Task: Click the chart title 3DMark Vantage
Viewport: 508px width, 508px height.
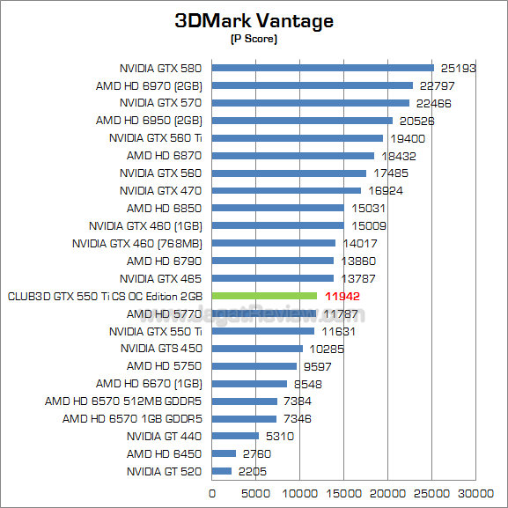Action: click(x=254, y=20)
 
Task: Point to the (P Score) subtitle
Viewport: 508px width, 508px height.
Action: click(x=254, y=38)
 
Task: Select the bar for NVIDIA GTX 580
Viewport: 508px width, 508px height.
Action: click(x=322, y=68)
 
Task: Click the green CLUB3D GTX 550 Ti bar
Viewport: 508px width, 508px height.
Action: click(x=264, y=296)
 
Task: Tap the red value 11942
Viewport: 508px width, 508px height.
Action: click(x=342, y=297)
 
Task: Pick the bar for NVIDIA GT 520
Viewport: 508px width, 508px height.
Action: click(x=221, y=471)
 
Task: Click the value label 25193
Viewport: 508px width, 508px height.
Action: click(x=459, y=68)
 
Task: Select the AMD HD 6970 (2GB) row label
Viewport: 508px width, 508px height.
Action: click(x=149, y=85)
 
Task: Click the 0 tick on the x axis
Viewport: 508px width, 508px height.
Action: click(x=211, y=494)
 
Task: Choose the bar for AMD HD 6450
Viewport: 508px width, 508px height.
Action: click(x=224, y=453)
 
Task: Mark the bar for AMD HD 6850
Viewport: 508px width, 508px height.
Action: click(x=277, y=208)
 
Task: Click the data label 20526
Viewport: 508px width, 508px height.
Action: click(x=417, y=121)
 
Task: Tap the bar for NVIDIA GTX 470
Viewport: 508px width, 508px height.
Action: click(x=286, y=190)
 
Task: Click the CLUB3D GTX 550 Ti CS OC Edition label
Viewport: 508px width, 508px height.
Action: click(x=104, y=296)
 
